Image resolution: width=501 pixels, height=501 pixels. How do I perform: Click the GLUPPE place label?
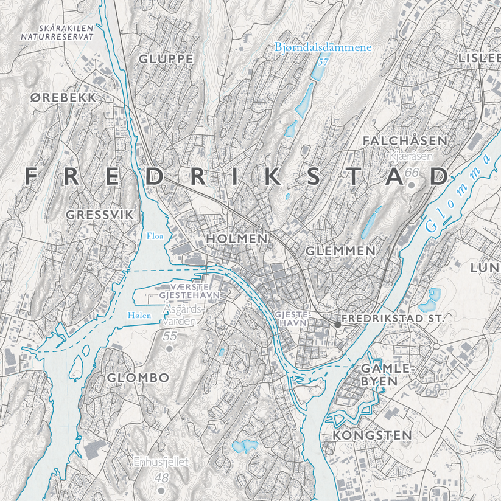[166, 59]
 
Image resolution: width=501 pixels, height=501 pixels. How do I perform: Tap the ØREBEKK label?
[63, 97]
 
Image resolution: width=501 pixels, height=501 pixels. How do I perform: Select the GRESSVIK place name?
[99, 215]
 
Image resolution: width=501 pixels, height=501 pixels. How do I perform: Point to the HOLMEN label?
[237, 239]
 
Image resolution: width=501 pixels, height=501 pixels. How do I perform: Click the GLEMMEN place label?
[340, 250]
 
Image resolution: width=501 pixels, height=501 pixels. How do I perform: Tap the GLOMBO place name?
[138, 378]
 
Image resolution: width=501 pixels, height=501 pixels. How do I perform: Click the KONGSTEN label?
[372, 436]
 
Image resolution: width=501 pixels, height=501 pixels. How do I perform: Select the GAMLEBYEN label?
[379, 375]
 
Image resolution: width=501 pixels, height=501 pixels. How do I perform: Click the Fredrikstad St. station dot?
[337, 325]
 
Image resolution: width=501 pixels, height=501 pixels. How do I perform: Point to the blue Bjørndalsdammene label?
[323, 47]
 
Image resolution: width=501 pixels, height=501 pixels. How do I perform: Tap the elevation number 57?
[323, 61]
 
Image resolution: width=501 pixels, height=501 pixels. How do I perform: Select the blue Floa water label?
[155, 235]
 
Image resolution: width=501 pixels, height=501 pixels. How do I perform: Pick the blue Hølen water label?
[139, 315]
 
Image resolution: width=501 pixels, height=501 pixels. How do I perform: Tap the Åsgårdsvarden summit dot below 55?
[170, 348]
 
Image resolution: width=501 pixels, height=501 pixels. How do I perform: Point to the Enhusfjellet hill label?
[162, 462]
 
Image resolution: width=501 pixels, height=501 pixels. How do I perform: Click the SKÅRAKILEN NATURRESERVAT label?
[57, 32]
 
